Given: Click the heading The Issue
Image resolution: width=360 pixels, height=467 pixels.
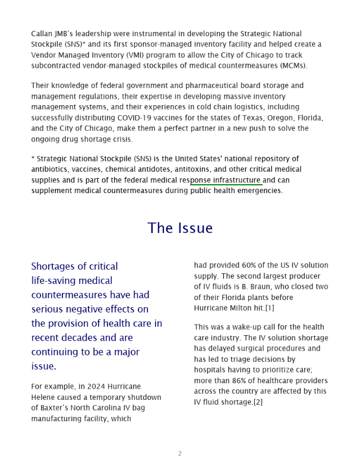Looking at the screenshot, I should tap(180, 228).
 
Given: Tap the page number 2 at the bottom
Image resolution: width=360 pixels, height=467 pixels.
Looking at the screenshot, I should tap(180, 454).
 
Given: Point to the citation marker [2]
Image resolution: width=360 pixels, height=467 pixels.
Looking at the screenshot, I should tap(258, 402).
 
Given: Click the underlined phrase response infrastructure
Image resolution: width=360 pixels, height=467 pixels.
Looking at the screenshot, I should tap(226, 180).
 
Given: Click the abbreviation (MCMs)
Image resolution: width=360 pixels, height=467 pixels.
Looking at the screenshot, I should tap(292, 66).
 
